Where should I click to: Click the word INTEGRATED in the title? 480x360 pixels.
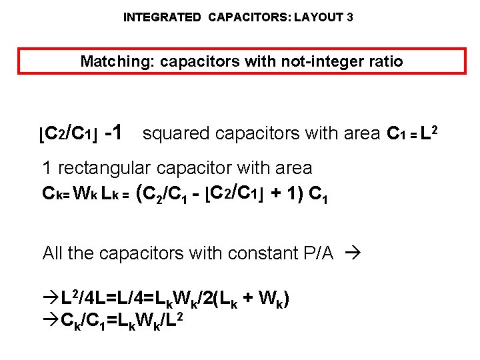tap(161, 17)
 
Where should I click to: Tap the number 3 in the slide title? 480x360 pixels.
tap(350, 17)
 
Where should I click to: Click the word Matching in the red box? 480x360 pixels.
tap(110, 62)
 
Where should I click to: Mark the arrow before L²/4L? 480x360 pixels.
tap(51, 297)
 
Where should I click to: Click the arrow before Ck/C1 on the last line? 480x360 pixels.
tap(51, 321)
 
